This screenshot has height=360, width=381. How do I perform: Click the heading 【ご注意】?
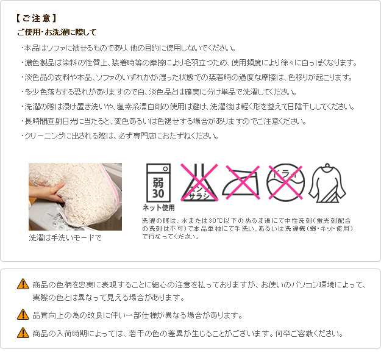coord(36,18)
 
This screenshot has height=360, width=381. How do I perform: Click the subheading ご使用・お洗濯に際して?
coord(57,32)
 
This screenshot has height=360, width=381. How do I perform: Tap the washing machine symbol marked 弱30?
coord(158,182)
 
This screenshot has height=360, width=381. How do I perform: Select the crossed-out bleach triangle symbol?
coord(199,182)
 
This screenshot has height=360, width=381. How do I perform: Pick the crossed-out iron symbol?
coord(241,182)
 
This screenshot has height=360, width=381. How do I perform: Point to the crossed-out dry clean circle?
coord(285,182)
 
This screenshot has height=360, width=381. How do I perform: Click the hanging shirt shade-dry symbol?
coord(327,183)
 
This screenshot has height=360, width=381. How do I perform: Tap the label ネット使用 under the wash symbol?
coord(158,207)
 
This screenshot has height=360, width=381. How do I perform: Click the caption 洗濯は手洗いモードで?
coord(65,237)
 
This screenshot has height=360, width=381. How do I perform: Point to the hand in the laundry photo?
coord(46,192)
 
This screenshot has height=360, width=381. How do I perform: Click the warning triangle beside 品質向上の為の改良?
coord(23,314)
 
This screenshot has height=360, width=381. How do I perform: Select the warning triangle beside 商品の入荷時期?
coord(23,333)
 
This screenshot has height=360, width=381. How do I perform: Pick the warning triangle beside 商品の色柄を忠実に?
coord(23,284)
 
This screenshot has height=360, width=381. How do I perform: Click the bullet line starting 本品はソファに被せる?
coord(128,48)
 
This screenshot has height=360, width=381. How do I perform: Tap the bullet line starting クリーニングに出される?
coord(119,135)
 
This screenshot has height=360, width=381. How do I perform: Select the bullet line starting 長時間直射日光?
coord(163,121)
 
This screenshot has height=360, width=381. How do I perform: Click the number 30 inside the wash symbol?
coord(158,193)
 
